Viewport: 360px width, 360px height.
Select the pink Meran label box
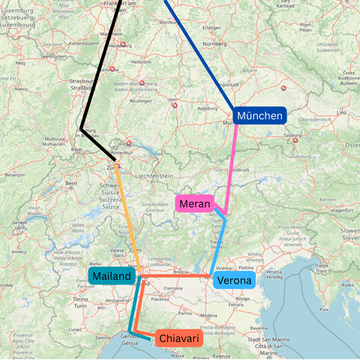point(194,203)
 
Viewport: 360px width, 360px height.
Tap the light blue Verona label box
point(234,281)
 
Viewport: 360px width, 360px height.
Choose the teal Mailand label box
point(112,276)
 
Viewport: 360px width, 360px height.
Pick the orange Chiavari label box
point(179,339)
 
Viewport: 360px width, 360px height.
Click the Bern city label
point(72,183)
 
